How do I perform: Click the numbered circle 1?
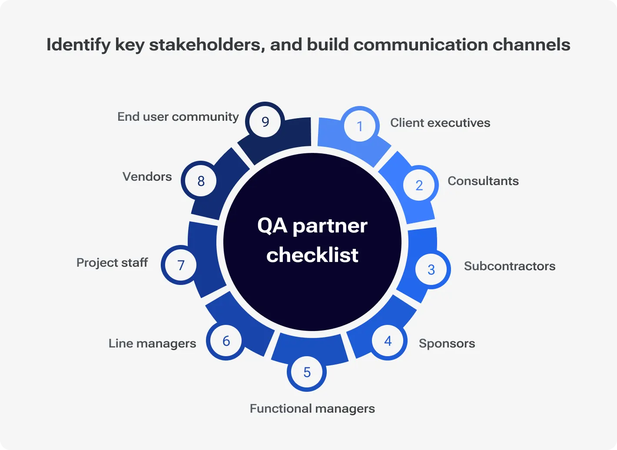click(360, 126)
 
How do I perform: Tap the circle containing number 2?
click(419, 185)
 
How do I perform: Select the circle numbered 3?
click(431, 269)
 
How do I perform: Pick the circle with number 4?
click(388, 341)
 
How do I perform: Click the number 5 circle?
click(307, 372)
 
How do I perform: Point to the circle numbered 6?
click(226, 341)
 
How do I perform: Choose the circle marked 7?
click(181, 265)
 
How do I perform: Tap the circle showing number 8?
click(201, 181)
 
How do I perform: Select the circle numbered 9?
click(265, 122)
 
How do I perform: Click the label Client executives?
click(440, 123)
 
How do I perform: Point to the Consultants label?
click(483, 181)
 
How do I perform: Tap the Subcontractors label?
click(510, 266)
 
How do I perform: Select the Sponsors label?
click(447, 344)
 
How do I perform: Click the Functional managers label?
click(312, 409)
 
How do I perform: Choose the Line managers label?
click(152, 344)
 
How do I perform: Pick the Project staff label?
click(112, 263)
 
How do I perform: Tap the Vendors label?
click(147, 177)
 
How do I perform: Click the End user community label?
click(178, 117)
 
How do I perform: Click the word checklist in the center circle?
click(312, 255)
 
